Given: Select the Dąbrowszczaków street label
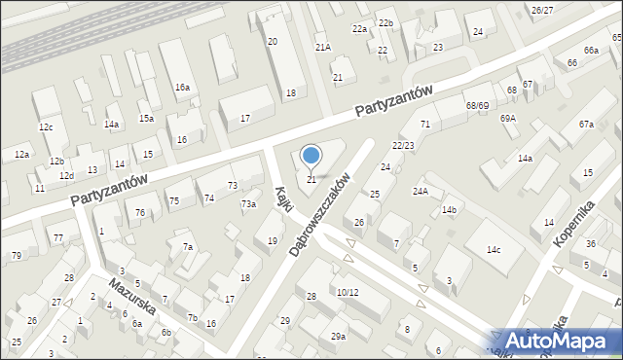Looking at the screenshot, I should coord(320,216).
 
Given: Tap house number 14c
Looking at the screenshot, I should coord(494,250).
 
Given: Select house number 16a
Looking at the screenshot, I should coord(182,87).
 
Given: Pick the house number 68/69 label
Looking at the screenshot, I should coord(477,105).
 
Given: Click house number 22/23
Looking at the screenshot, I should coord(403,145).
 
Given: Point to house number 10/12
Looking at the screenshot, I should coord(347,292).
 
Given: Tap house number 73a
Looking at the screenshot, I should coord(248,203).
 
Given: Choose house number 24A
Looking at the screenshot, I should coord(421,191).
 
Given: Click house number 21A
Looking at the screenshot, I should coord(323,47).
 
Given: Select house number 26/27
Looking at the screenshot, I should coord(542,10).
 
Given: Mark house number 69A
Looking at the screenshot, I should coord(508,118).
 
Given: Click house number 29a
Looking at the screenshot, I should coord(338,336).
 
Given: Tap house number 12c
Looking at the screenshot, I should coord(46,127).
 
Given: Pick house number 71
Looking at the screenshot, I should coord(425,124).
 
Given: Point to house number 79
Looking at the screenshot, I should coord(17,255).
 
